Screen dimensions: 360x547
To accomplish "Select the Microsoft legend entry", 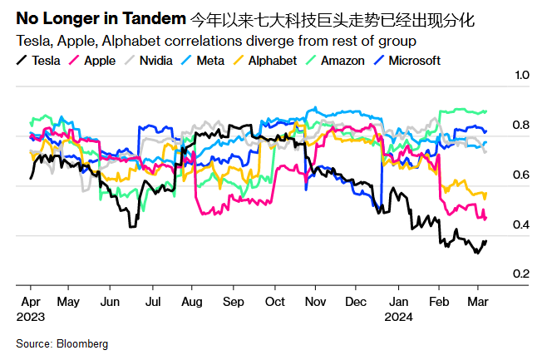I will pyautogui.click(x=412, y=60).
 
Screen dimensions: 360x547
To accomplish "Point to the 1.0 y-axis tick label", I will pyautogui.click(x=522, y=76).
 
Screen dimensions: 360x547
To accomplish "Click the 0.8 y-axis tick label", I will pyautogui.click(x=522, y=126).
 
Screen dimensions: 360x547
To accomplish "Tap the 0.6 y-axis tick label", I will pyautogui.click(x=522, y=175).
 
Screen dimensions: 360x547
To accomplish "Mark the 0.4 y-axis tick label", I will pyautogui.click(x=522, y=224).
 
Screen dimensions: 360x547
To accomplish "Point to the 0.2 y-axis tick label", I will pyautogui.click(x=522, y=274).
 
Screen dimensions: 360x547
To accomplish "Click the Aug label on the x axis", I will pyautogui.click(x=191, y=302).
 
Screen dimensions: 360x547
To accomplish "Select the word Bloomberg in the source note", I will pyautogui.click(x=81, y=343).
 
